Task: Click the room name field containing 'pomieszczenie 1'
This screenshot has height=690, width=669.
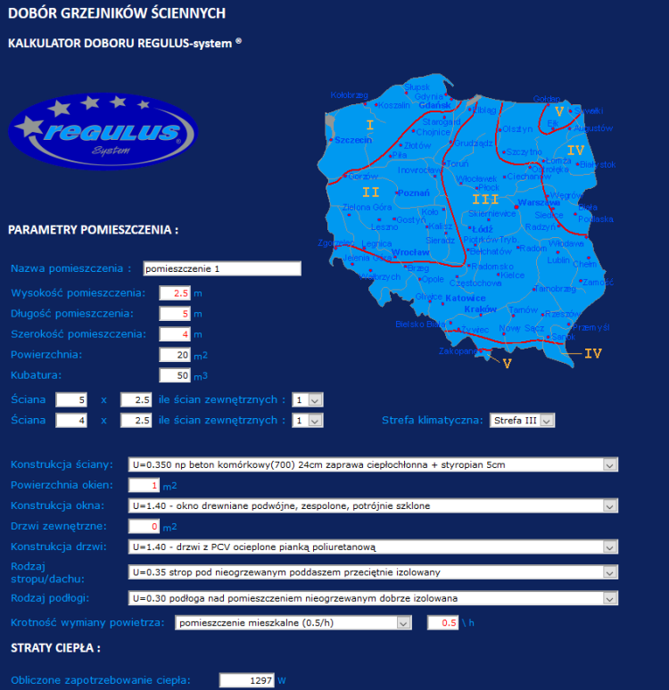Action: pyautogui.click(x=221, y=268)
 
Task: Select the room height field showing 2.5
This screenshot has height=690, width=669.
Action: pyautogui.click(x=175, y=292)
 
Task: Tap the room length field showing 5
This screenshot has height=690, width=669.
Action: pyautogui.click(x=175, y=314)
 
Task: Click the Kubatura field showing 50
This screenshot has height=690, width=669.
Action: pyautogui.click(x=175, y=375)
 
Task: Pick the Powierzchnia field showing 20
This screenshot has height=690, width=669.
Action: pyautogui.click(x=175, y=355)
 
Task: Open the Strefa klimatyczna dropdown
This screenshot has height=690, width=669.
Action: pyautogui.click(x=522, y=420)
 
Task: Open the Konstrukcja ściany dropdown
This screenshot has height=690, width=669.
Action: pyautogui.click(x=373, y=464)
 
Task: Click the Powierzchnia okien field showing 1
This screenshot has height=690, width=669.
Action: pyautogui.click(x=144, y=486)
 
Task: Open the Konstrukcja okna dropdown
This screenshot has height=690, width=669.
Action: pyautogui.click(x=373, y=506)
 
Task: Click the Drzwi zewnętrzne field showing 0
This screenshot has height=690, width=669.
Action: pyautogui.click(x=144, y=527)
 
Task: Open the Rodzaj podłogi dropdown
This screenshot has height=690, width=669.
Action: pyautogui.click(x=373, y=598)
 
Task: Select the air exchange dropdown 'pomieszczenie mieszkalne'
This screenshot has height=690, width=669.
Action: pyautogui.click(x=293, y=622)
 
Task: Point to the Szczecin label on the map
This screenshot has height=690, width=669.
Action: pyautogui.click(x=354, y=141)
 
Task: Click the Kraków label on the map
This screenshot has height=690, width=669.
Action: pyautogui.click(x=481, y=308)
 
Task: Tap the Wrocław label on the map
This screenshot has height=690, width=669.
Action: pyautogui.click(x=411, y=252)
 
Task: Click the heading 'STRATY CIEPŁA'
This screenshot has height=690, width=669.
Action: pyautogui.click(x=54, y=648)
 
